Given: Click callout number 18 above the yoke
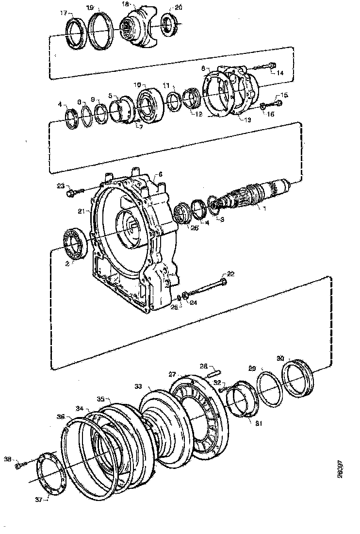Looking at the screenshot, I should pos(125,4).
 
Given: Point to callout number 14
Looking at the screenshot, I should pos(280,73).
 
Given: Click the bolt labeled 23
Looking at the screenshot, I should pos(72,193).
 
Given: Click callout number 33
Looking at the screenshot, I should pos(138,386).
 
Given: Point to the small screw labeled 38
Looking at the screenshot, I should pos(18,466).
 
